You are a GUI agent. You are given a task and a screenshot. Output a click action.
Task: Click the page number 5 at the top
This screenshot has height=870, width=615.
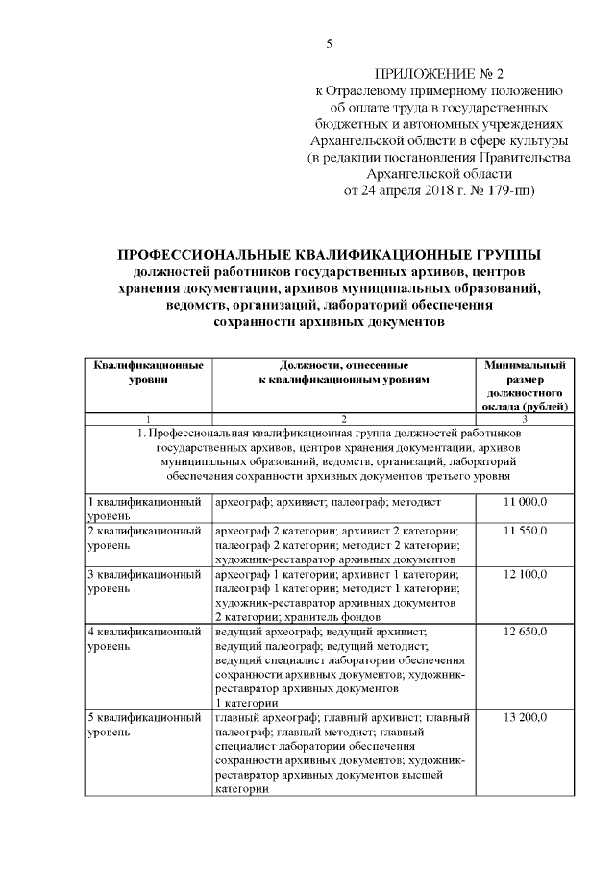coord(329,43)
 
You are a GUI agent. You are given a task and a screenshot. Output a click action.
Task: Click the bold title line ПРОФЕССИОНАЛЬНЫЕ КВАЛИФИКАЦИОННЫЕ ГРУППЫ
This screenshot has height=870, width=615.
coord(329,254)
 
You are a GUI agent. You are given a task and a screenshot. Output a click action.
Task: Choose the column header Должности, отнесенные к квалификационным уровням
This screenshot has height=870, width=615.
coord(343,373)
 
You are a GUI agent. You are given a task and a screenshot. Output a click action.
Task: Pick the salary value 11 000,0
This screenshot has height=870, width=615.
coord(526,503)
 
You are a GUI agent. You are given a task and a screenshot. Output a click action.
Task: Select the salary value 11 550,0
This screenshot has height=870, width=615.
coord(526,531)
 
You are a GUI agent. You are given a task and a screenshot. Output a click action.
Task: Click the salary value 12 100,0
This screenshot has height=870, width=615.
coord(526,574)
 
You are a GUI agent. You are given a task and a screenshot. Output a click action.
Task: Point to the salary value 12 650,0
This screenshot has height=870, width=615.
coord(526,632)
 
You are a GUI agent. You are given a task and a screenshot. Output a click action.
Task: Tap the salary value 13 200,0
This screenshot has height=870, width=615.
coord(526,718)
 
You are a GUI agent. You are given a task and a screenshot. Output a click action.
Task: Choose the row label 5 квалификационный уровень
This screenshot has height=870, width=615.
coord(144,725)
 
